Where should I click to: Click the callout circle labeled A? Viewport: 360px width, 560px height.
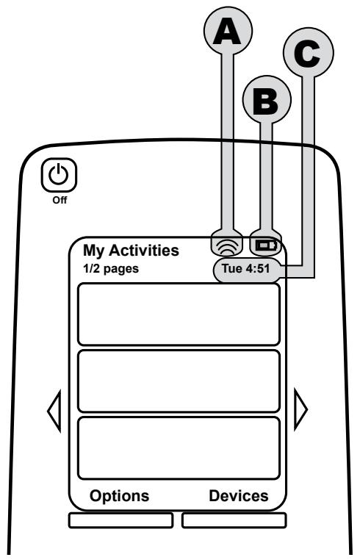coord(228,30)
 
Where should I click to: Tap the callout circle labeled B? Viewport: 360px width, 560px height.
coord(267,99)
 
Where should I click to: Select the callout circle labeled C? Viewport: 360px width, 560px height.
coord(309,51)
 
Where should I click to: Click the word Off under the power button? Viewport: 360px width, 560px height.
coord(60,200)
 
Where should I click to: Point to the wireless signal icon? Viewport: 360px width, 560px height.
coord(227,246)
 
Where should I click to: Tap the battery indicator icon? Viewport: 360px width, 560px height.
coord(266,245)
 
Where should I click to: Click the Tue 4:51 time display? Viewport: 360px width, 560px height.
coord(245,268)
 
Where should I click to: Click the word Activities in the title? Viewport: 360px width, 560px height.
coord(143,250)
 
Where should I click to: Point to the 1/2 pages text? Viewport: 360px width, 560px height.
coord(111,268)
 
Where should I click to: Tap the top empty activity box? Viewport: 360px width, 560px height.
coord(179,315)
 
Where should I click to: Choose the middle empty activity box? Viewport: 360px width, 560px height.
coord(179,381)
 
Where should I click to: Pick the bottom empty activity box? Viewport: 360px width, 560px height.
coord(179,448)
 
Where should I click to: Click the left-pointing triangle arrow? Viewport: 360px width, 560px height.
coord(54,411)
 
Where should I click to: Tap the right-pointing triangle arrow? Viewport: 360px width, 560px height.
coord(300,409)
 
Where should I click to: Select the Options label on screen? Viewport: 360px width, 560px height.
coord(119,496)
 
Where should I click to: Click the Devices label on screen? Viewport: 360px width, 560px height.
coord(239,496)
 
